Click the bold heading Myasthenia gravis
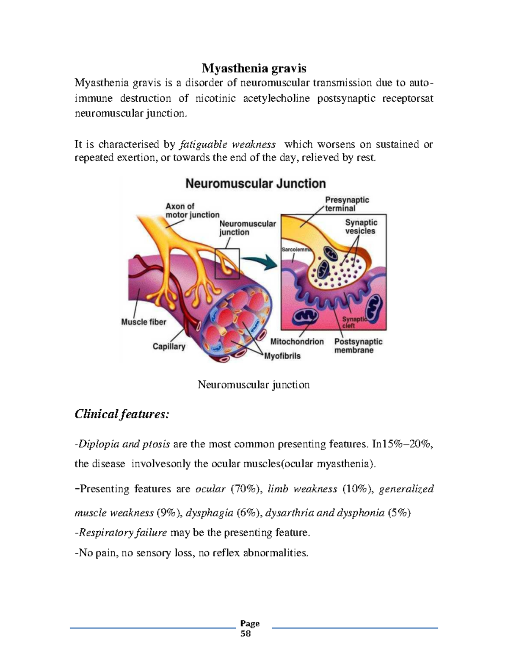[254, 68]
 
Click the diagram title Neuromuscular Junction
[256, 183]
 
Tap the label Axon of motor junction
[192, 211]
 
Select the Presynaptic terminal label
[347, 204]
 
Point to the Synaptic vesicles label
[361, 227]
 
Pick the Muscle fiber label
[144, 322]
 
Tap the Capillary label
[169, 347]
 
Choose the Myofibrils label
[282, 356]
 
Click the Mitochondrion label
[297, 341]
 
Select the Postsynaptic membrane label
[358, 346]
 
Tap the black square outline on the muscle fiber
[227, 264]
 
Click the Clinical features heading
[122, 414]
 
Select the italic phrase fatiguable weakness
[228, 144]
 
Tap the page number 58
[246, 634]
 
